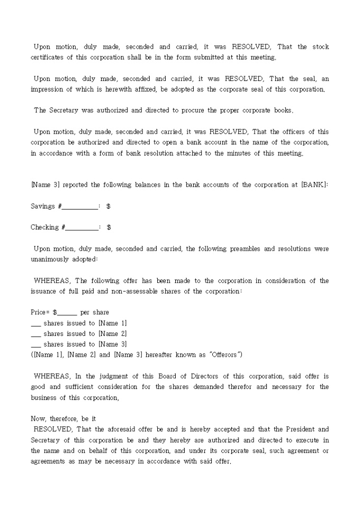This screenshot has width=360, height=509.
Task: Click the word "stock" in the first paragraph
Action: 320,47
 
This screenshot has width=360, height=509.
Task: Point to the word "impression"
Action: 48,89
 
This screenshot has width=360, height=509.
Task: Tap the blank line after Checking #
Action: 82,228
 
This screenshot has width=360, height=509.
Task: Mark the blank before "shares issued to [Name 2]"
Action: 36,334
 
